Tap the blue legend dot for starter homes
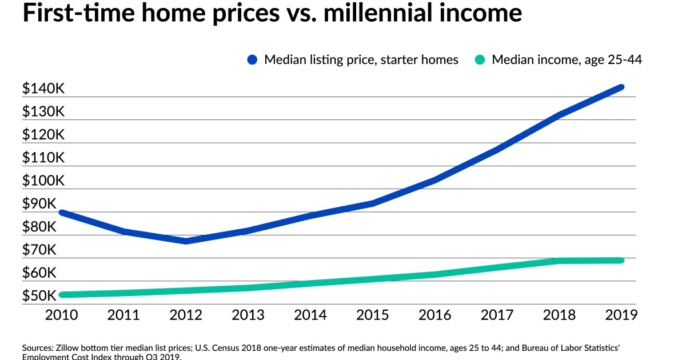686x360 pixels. pyautogui.click(x=253, y=59)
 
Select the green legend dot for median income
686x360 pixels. pyautogui.click(x=480, y=59)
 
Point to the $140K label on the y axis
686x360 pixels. pyautogui.click(x=43, y=89)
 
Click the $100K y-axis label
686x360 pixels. pyautogui.click(x=43, y=181)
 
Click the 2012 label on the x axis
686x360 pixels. pyautogui.click(x=186, y=315)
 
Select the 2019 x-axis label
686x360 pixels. pyautogui.click(x=621, y=315)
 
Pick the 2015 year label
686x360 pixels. pyautogui.click(x=373, y=315)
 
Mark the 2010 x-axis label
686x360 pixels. pyautogui.click(x=62, y=315)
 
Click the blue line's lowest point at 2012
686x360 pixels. pyautogui.click(x=186, y=241)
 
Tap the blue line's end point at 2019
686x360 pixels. pyautogui.click(x=621, y=87)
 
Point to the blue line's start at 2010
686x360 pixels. pyautogui.click(x=62, y=213)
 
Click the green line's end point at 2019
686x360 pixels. pyautogui.click(x=621, y=261)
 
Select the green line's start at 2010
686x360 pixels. pyautogui.click(x=62, y=295)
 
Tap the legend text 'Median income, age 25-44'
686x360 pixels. pyautogui.click(x=567, y=59)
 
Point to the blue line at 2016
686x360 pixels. pyautogui.click(x=435, y=180)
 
